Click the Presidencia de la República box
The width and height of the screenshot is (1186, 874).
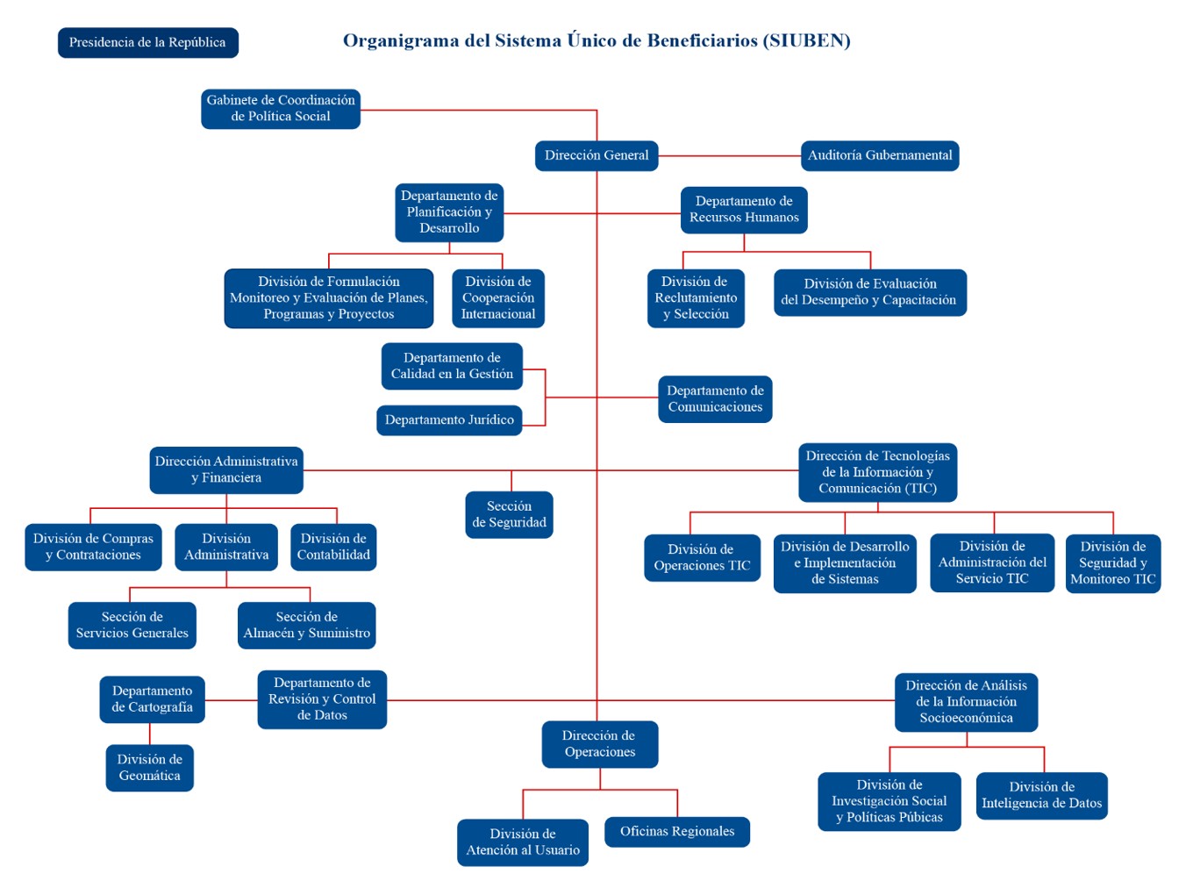point(148,43)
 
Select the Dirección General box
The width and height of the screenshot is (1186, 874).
point(597,155)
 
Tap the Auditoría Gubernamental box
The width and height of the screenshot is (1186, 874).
point(880,155)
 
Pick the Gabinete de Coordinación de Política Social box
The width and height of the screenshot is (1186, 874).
point(281,109)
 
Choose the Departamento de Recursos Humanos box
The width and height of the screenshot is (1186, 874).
point(744,210)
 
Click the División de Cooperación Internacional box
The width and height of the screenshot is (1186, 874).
point(498,298)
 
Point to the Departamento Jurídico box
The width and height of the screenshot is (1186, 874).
point(449,420)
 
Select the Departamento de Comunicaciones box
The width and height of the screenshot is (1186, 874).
point(715,399)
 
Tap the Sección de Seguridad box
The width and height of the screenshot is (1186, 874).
point(510,515)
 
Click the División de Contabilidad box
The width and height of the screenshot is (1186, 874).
point(333,548)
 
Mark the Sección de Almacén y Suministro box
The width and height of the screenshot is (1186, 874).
point(306,626)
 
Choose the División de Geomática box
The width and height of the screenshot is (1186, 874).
point(150,768)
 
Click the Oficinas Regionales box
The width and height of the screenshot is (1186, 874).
point(677,832)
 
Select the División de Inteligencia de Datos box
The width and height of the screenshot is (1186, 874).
point(1042,796)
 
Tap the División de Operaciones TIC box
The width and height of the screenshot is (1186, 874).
point(702,558)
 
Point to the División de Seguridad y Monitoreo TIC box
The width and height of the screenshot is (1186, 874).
point(1113,563)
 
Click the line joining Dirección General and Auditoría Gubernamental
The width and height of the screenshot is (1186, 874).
point(730,156)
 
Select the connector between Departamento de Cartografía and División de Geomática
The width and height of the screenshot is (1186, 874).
point(150,734)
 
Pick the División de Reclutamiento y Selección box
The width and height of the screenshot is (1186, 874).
point(697,298)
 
